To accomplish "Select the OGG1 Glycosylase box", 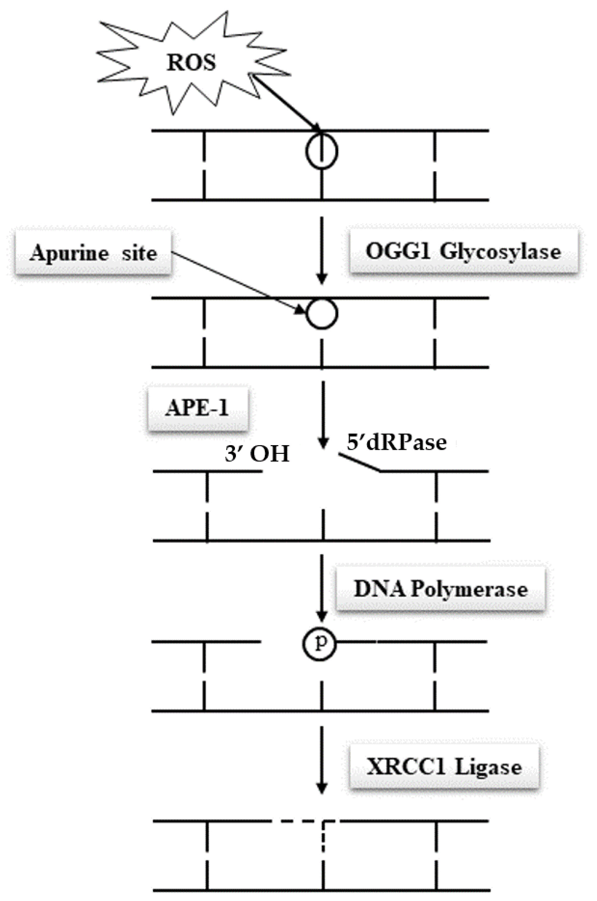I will pos(463,251).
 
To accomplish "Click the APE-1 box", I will pos(197,408).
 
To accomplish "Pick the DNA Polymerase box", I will pos(440,589).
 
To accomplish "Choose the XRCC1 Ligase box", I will pos(444,767).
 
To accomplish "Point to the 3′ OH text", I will pos(257,453).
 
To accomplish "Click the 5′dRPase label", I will pos(396,442).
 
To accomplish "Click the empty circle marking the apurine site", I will pos(322,314).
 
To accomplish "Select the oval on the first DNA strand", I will pos(322,151).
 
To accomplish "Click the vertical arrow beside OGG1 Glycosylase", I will pos(322,249).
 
